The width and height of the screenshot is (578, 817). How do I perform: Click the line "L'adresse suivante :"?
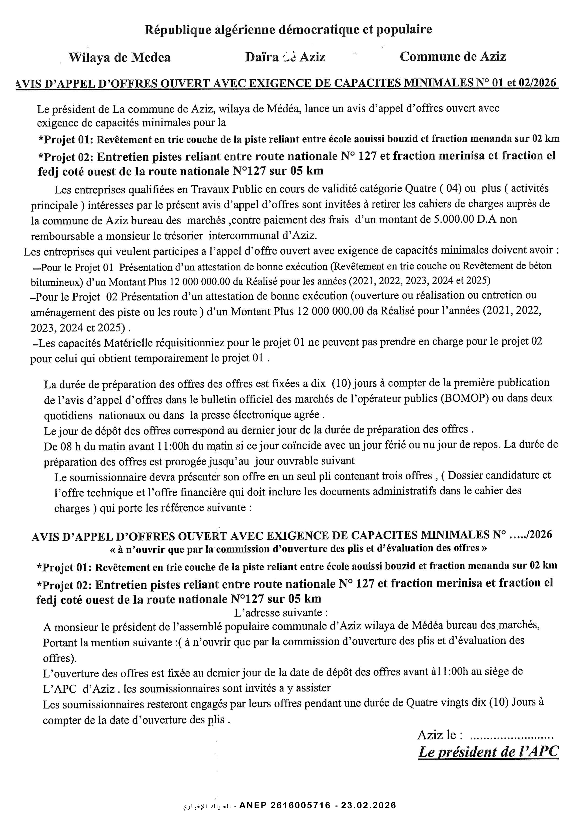281,613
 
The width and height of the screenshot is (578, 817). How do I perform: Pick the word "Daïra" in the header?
261,57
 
